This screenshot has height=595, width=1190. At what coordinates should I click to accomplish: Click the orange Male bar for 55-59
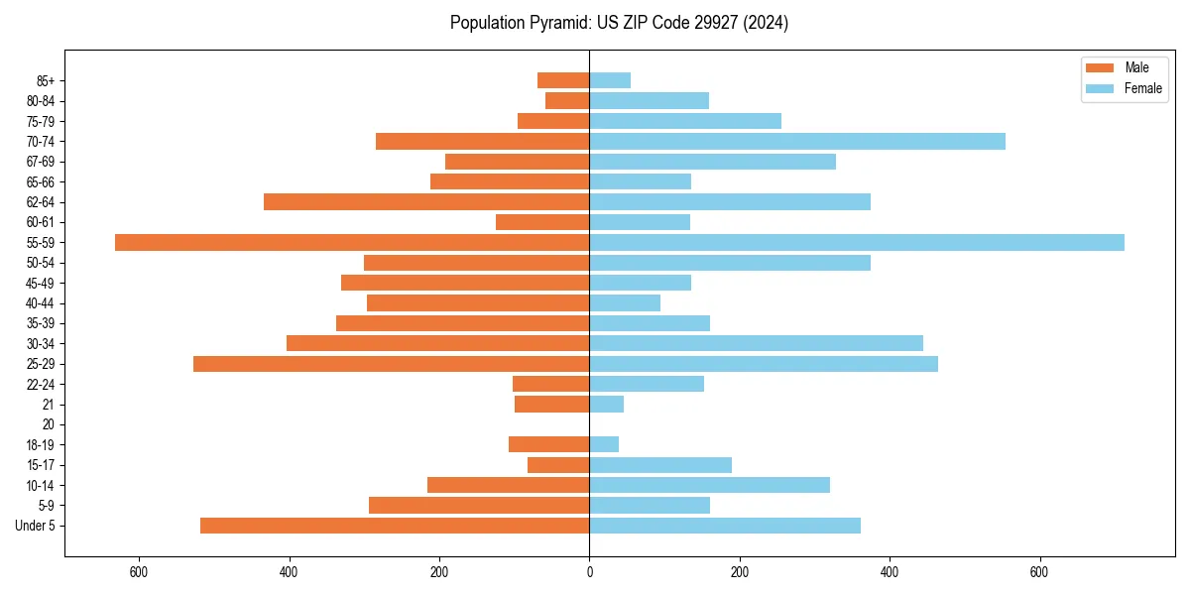pos(352,242)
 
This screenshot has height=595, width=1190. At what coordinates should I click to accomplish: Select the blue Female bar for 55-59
pos(857,242)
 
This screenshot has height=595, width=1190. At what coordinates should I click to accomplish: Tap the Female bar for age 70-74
pos(797,141)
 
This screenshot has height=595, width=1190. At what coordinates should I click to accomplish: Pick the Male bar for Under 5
pos(395,526)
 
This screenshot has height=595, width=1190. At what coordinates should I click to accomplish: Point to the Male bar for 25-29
pos(392,364)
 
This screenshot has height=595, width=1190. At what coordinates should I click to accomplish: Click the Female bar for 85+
pos(610,80)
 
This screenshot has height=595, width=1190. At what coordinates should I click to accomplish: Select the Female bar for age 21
pos(607,405)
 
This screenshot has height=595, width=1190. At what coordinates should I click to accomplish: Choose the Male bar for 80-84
pos(567,100)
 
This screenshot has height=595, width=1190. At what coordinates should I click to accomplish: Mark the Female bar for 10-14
pos(710,485)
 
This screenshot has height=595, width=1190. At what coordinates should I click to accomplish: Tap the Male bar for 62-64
pos(426,202)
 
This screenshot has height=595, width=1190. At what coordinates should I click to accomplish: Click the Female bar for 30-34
pos(757,343)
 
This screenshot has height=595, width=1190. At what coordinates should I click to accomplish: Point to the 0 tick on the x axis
pos(589,572)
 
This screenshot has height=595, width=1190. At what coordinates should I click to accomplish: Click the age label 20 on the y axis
pos(48,424)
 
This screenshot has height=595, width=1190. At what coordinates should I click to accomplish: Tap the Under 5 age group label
pos(36,526)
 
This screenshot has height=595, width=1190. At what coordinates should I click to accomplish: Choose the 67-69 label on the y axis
pos(41,162)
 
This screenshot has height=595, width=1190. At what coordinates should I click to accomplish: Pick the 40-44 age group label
pos(41,303)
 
